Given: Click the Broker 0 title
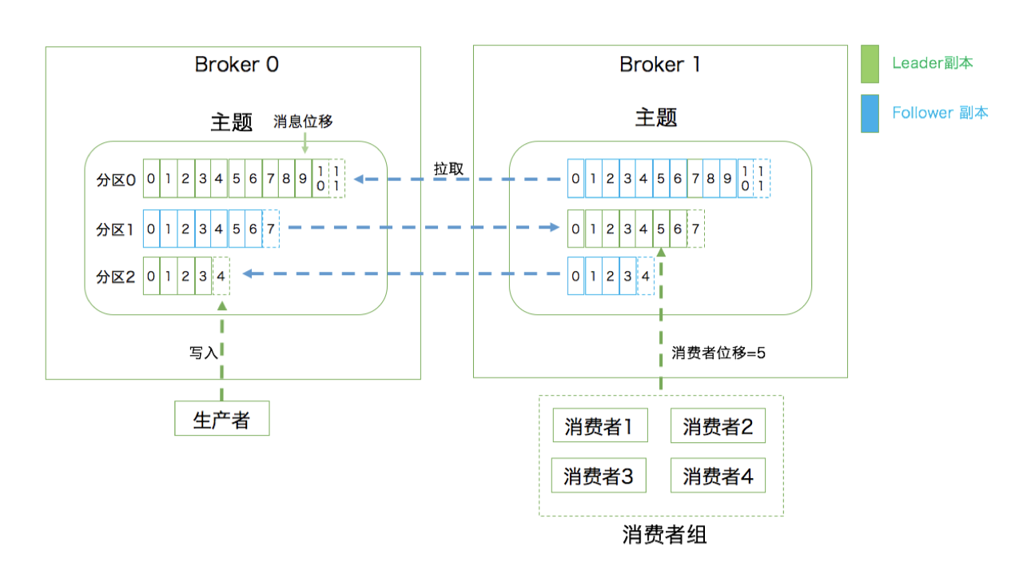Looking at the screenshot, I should pyautogui.click(x=237, y=65).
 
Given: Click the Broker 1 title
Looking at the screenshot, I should pyautogui.click(x=660, y=65).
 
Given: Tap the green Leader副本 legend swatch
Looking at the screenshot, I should pyautogui.click(x=870, y=64).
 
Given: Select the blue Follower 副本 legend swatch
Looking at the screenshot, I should pyautogui.click(x=870, y=114).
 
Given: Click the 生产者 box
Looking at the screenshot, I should pyautogui.click(x=222, y=419).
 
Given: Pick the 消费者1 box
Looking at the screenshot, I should pyautogui.click(x=599, y=426).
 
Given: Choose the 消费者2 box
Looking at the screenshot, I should pyautogui.click(x=718, y=426).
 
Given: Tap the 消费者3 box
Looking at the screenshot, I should pyautogui.click(x=599, y=476).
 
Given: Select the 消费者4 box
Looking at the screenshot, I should pyautogui.click(x=718, y=476).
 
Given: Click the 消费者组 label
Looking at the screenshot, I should pyautogui.click(x=664, y=534).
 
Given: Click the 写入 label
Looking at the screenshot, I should pyautogui.click(x=203, y=352).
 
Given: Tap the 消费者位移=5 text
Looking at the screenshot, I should pyautogui.click(x=718, y=353).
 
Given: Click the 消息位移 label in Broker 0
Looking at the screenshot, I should pyautogui.click(x=303, y=122).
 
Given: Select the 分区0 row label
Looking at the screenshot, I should pyautogui.click(x=116, y=180).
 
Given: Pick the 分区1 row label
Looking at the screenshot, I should pyautogui.click(x=116, y=229).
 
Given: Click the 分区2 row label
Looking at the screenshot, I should pyautogui.click(x=116, y=277).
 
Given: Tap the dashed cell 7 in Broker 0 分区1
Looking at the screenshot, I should pyautogui.click(x=271, y=229).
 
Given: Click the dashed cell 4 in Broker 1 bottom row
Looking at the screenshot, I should pyautogui.click(x=647, y=276).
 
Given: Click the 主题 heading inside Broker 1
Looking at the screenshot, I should pyautogui.click(x=656, y=118).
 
